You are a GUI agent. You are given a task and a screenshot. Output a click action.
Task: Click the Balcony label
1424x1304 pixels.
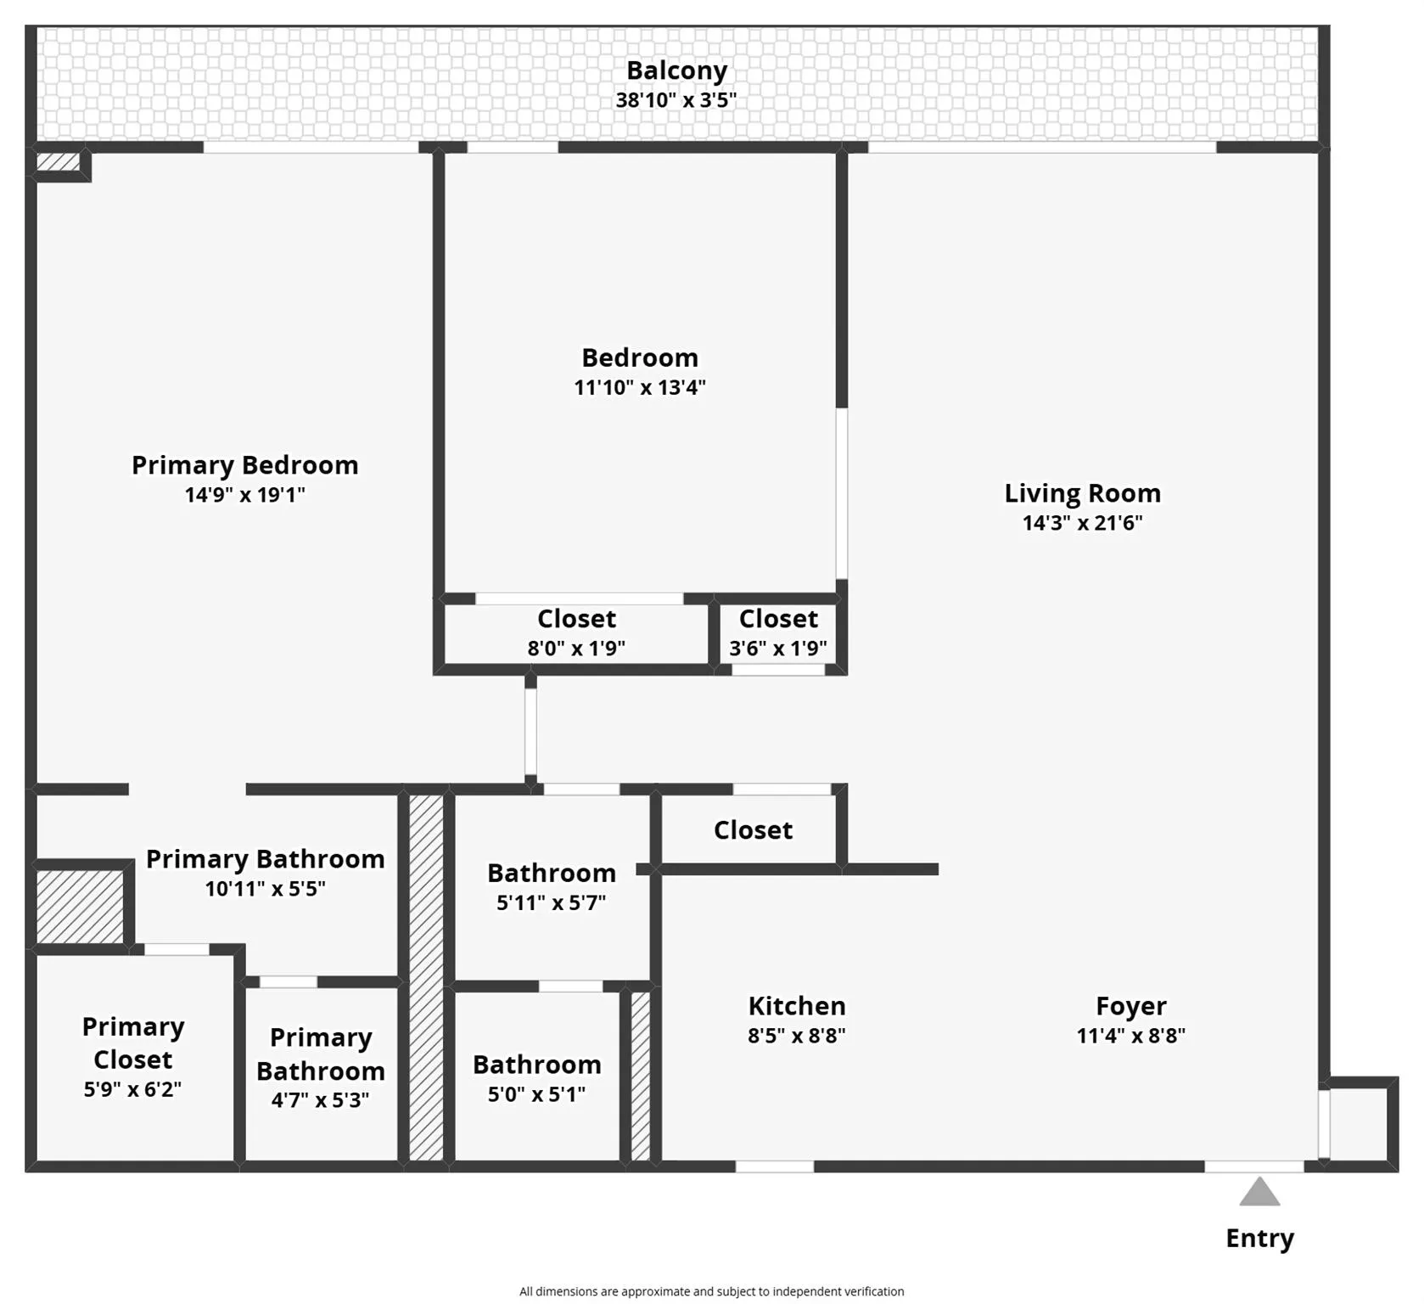coord(676,70)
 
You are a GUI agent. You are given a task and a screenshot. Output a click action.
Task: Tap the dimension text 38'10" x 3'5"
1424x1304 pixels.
coord(676,100)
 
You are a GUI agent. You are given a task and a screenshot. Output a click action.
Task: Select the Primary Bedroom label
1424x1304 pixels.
coord(244,465)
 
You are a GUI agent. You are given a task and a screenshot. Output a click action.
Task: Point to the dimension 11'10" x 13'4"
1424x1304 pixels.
coord(640,388)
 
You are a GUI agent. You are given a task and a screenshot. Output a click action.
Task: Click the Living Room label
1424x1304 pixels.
coord(1082,493)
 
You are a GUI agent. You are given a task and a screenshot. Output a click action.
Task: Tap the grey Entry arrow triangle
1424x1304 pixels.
coord(1259,1193)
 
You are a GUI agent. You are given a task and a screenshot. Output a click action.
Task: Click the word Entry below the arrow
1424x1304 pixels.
coord(1259,1239)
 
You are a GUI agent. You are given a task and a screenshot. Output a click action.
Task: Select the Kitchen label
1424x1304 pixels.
coord(796,1006)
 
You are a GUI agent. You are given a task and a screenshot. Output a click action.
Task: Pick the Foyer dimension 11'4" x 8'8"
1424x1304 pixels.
coord(1130,1036)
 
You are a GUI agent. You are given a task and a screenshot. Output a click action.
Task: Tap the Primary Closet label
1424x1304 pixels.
coord(132,1043)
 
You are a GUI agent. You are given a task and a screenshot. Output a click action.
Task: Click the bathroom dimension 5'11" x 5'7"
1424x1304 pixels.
coord(551,902)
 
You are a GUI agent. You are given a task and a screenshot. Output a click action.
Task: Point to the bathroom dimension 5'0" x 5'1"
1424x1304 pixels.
coord(536,1094)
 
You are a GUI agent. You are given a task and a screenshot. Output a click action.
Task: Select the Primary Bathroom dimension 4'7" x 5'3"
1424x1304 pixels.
coord(320,1100)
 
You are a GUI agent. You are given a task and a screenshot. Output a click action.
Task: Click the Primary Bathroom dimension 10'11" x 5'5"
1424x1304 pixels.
coord(265,889)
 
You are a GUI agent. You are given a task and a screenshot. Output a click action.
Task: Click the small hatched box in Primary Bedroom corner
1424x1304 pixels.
coord(58,161)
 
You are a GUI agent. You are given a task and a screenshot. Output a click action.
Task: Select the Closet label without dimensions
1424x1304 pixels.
coord(753,830)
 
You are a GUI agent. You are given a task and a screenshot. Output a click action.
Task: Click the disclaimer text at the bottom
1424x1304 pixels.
coord(711,1291)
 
